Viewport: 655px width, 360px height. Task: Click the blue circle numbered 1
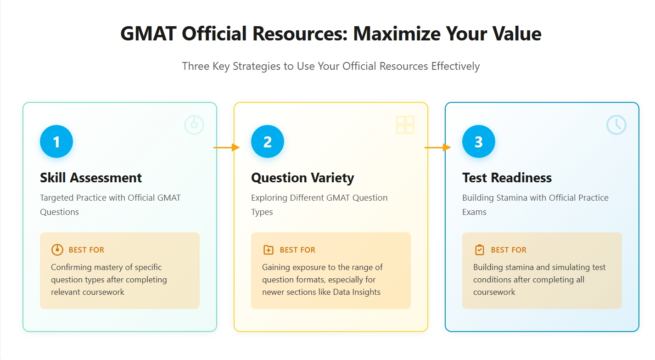click(x=56, y=141)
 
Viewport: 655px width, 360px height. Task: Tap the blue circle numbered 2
click(x=268, y=141)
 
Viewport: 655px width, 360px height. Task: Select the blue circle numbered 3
click(x=479, y=141)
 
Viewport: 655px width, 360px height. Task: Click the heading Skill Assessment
click(x=91, y=178)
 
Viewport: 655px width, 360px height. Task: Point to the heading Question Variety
click(x=302, y=178)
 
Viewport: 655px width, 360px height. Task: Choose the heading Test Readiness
click(x=507, y=178)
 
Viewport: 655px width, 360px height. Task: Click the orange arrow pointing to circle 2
click(x=227, y=147)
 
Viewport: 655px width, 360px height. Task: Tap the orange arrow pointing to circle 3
click(x=438, y=147)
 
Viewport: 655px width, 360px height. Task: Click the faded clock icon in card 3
click(x=616, y=125)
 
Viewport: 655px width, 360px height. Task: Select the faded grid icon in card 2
click(x=405, y=125)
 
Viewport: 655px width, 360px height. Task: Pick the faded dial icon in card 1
click(x=194, y=125)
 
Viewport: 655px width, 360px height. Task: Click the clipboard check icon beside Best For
click(x=479, y=250)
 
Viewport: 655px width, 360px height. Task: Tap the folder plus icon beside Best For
click(x=268, y=250)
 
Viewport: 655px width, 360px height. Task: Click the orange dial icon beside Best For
click(x=57, y=250)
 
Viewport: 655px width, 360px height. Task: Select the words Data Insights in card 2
click(x=357, y=292)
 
